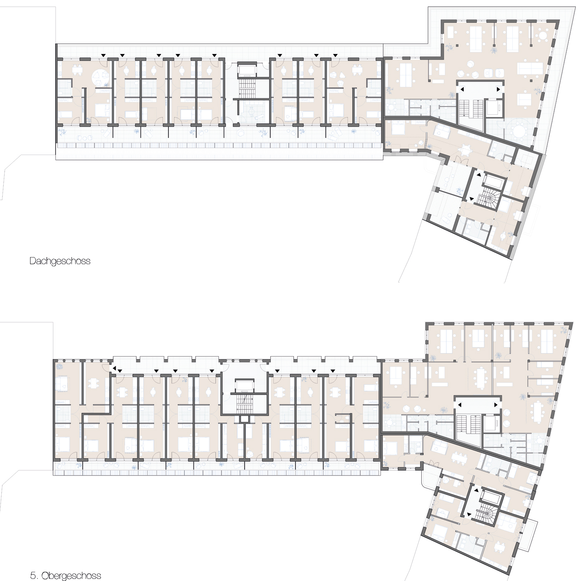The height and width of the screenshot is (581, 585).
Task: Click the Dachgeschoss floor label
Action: [60, 261]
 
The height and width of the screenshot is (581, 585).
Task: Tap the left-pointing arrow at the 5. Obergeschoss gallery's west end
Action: [114, 368]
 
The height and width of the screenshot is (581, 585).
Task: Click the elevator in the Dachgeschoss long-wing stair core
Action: [247, 71]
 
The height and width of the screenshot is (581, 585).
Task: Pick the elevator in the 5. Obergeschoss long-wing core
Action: [245, 385]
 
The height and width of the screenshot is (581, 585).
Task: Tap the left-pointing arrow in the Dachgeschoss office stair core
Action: [462, 89]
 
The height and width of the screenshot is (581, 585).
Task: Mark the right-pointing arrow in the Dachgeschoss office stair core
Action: [498, 89]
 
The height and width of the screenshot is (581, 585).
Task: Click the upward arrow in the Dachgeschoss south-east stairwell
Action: [479, 175]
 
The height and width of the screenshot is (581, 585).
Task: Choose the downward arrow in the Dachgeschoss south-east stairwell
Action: [471, 199]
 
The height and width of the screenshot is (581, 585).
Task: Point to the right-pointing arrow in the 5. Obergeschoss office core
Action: [496, 405]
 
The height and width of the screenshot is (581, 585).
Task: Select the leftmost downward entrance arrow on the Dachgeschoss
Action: [104, 55]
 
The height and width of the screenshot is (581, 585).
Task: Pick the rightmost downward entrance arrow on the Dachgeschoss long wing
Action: [335, 55]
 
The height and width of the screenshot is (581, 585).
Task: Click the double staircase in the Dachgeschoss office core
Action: [470, 110]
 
